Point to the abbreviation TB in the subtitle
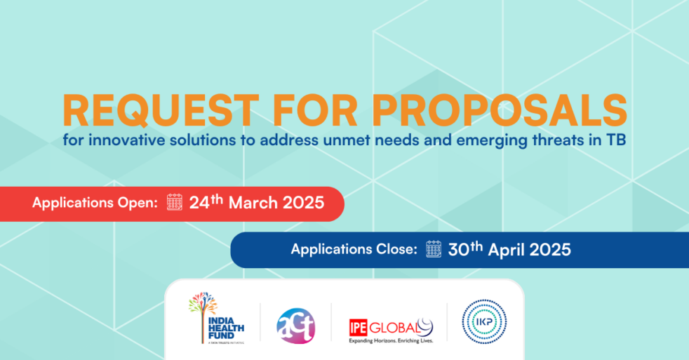[615, 140]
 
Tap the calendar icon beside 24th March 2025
[175, 204]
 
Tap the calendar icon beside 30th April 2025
[434, 249]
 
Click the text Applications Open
[95, 204]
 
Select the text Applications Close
[354, 249]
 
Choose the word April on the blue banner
[507, 249]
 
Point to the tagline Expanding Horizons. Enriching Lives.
[390, 341]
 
